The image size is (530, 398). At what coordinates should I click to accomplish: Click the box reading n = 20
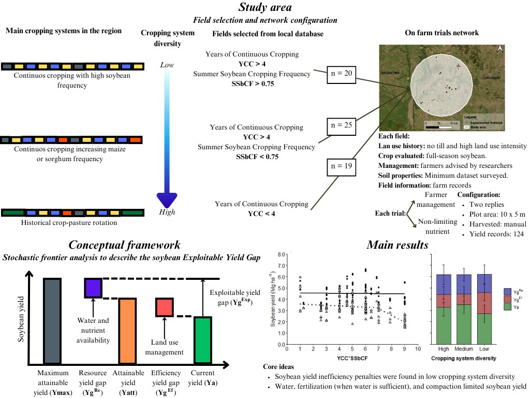pos(341,74)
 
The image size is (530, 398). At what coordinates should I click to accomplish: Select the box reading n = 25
pos(341,125)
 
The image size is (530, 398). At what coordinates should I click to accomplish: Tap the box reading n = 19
pos(341,166)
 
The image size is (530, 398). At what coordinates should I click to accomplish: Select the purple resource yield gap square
pos(94,288)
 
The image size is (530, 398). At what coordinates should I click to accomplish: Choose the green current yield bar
pos(202,340)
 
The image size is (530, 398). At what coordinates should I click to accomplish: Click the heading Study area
pos(265,8)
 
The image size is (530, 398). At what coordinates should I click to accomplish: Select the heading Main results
pos(397,245)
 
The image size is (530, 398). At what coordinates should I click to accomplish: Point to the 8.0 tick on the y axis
pos(282,254)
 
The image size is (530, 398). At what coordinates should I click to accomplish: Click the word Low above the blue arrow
pos(167,65)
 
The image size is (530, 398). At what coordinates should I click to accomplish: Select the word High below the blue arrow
pos(167,212)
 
